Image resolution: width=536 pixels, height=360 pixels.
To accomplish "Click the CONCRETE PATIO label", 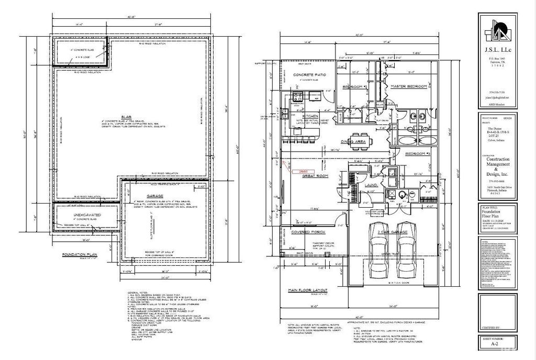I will [x=309, y=75].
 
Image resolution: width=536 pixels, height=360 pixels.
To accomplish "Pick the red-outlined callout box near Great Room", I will [x=303, y=171].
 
